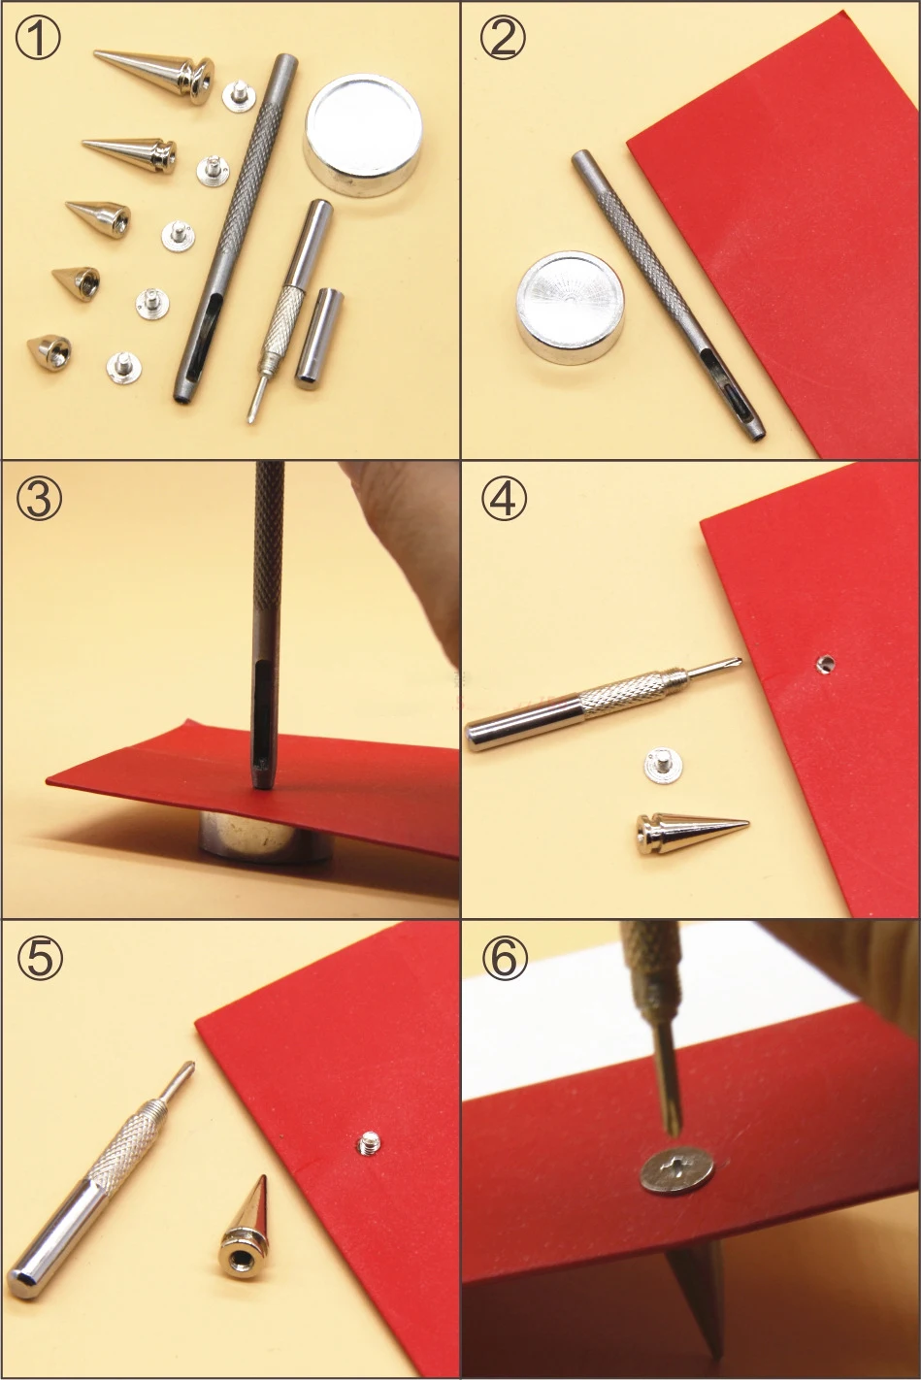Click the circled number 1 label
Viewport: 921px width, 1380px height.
pos(38,38)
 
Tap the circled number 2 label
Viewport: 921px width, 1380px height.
pos(503,38)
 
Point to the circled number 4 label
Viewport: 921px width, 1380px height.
pos(504,498)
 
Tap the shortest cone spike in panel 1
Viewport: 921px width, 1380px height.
pos(49,350)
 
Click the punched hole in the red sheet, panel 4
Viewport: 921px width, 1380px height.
pos(826,664)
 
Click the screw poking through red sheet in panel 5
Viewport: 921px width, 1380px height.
pos(369,1143)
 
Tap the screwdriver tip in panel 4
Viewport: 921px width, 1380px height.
pos(737,663)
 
